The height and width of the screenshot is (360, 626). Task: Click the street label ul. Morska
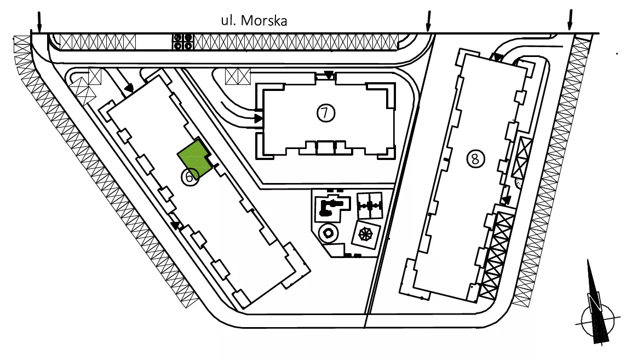click(254, 20)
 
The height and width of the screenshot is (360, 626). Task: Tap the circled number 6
click(190, 176)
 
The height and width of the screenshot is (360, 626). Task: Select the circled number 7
click(326, 113)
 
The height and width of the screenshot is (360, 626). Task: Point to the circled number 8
click(475, 159)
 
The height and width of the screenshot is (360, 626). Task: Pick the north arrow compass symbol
click(597, 307)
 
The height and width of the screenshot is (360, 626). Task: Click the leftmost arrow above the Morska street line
click(39, 21)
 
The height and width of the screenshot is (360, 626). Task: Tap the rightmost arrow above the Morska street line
click(570, 20)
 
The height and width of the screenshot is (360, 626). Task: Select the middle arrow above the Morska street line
click(428, 21)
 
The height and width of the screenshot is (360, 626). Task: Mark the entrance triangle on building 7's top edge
click(328, 75)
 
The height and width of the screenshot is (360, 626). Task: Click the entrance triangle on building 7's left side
click(259, 118)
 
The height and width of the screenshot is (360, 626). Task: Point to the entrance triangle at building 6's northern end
click(129, 88)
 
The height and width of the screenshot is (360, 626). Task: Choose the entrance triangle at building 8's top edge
click(497, 58)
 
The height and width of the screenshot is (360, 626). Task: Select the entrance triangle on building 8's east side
click(506, 199)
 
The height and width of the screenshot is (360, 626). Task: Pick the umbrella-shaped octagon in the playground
click(365, 234)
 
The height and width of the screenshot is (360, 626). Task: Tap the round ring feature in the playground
click(328, 232)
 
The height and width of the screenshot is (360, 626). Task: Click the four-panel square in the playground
click(369, 205)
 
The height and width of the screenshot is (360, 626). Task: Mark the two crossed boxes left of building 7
click(238, 76)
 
